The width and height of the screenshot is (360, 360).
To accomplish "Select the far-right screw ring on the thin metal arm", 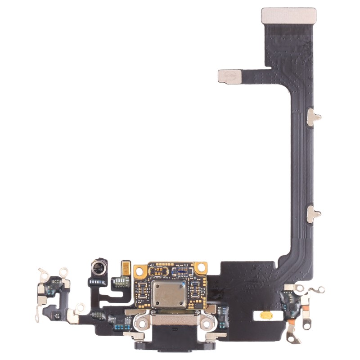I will click(320, 289).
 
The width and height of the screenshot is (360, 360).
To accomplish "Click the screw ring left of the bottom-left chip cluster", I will click(80, 308).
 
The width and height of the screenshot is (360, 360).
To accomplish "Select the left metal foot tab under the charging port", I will click(128, 335).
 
